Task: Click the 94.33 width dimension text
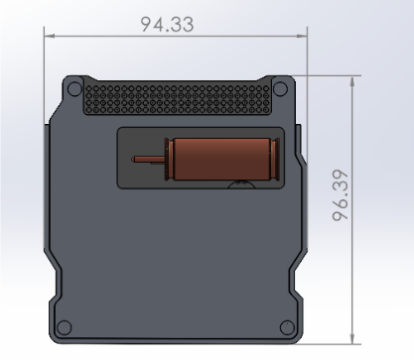pos(167,25)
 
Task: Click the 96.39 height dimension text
pos(341,195)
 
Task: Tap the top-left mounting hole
pos(74,88)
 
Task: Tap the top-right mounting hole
pos(281,89)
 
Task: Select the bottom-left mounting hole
pos(64,327)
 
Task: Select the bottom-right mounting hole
pos(287,327)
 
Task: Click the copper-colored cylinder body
pos(221,159)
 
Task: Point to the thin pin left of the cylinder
pos(148,160)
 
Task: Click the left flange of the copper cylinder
pos(169,160)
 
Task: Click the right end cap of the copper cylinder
pos(275,159)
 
